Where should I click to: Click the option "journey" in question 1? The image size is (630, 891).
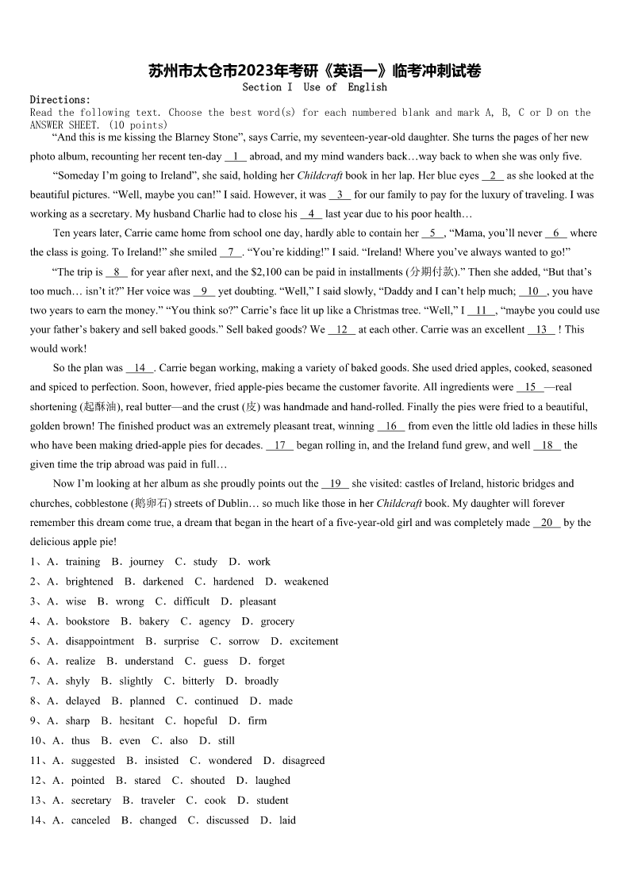147,562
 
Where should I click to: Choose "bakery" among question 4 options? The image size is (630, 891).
154,621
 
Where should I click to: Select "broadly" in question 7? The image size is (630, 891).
261,681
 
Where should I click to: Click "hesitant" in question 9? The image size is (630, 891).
136,720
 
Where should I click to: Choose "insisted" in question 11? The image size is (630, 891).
161,760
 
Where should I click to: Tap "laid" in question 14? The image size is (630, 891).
287,820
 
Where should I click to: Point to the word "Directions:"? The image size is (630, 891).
60,100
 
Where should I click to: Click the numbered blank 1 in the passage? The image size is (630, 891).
236,156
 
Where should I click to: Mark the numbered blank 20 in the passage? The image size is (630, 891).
547,523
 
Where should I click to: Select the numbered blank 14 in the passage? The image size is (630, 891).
140,368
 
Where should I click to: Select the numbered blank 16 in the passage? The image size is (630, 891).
391,426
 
